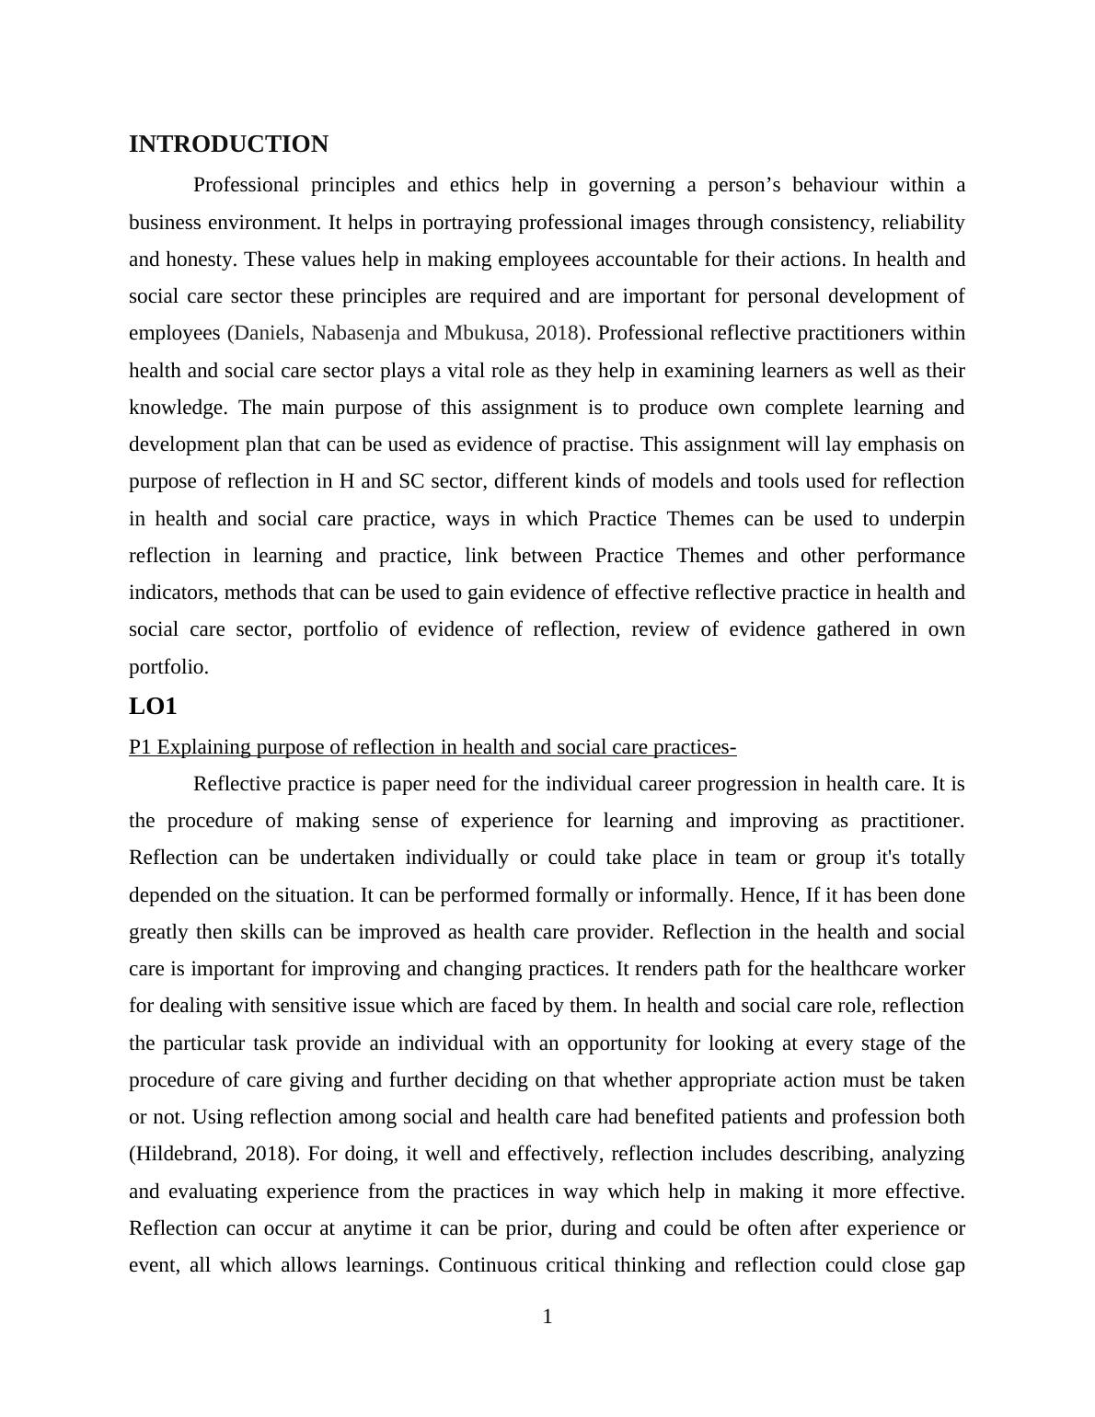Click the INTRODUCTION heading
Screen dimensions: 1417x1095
click(228, 144)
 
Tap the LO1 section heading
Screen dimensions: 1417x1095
click(153, 707)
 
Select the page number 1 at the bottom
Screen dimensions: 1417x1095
click(547, 1317)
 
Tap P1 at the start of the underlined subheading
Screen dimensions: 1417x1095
click(140, 747)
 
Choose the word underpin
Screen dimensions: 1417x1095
click(927, 519)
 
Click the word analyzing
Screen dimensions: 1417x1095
click(923, 1154)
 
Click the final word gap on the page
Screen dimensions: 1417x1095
click(949, 1265)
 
